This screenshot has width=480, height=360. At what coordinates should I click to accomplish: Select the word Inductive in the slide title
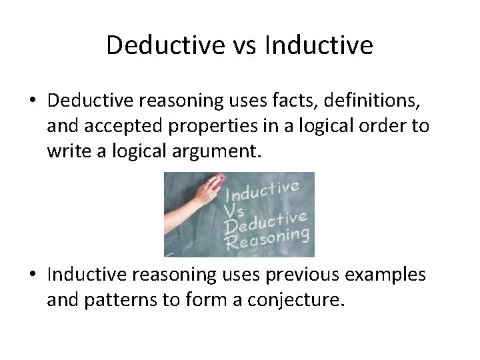click(x=318, y=45)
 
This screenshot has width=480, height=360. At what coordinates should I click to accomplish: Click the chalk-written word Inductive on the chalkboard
click(x=263, y=192)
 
